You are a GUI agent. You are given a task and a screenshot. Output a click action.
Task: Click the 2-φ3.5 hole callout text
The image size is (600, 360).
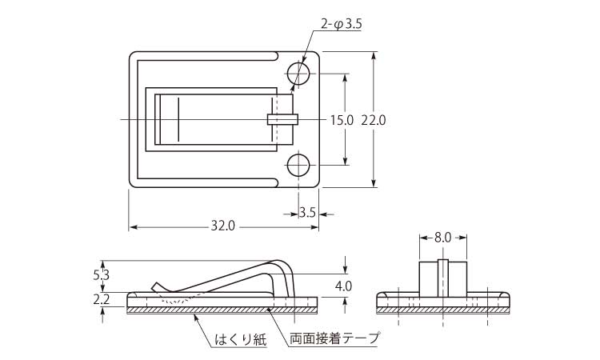(341, 25)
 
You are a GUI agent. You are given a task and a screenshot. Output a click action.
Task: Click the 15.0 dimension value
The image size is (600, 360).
(342, 120)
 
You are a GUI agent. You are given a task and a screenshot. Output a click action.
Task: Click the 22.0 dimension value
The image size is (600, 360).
(374, 120)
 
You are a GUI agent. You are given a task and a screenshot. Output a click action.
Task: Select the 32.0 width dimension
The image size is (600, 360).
(223, 226)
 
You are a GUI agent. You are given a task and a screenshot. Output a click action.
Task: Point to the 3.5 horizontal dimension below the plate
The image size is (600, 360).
(307, 213)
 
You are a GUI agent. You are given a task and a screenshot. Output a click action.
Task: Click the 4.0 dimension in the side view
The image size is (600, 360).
(344, 286)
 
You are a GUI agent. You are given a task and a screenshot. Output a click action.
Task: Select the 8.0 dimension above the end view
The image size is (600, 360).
(443, 238)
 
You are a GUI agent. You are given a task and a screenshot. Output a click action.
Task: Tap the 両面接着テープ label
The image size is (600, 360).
(334, 339)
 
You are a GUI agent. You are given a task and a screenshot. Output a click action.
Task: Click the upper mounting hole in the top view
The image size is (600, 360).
(298, 74)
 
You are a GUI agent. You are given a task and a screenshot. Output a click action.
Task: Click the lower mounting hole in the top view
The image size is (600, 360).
(298, 166)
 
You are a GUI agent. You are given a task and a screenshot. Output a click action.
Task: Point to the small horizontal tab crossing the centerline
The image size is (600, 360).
(282, 119)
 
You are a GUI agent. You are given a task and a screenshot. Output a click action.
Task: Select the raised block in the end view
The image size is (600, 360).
(443, 278)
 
